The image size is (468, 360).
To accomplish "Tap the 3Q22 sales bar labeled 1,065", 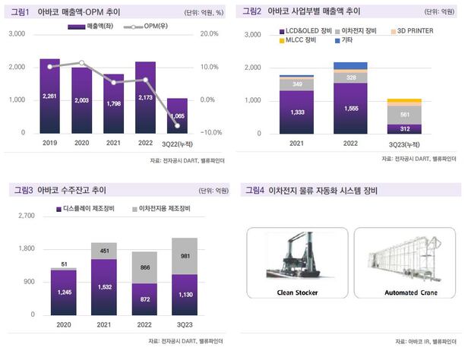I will [178, 115].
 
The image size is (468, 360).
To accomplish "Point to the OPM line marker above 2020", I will [82, 63].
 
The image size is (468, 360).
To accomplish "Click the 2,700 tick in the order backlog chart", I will [27, 216].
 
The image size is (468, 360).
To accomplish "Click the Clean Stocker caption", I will [295, 293].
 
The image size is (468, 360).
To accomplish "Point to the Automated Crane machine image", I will [407, 257].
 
